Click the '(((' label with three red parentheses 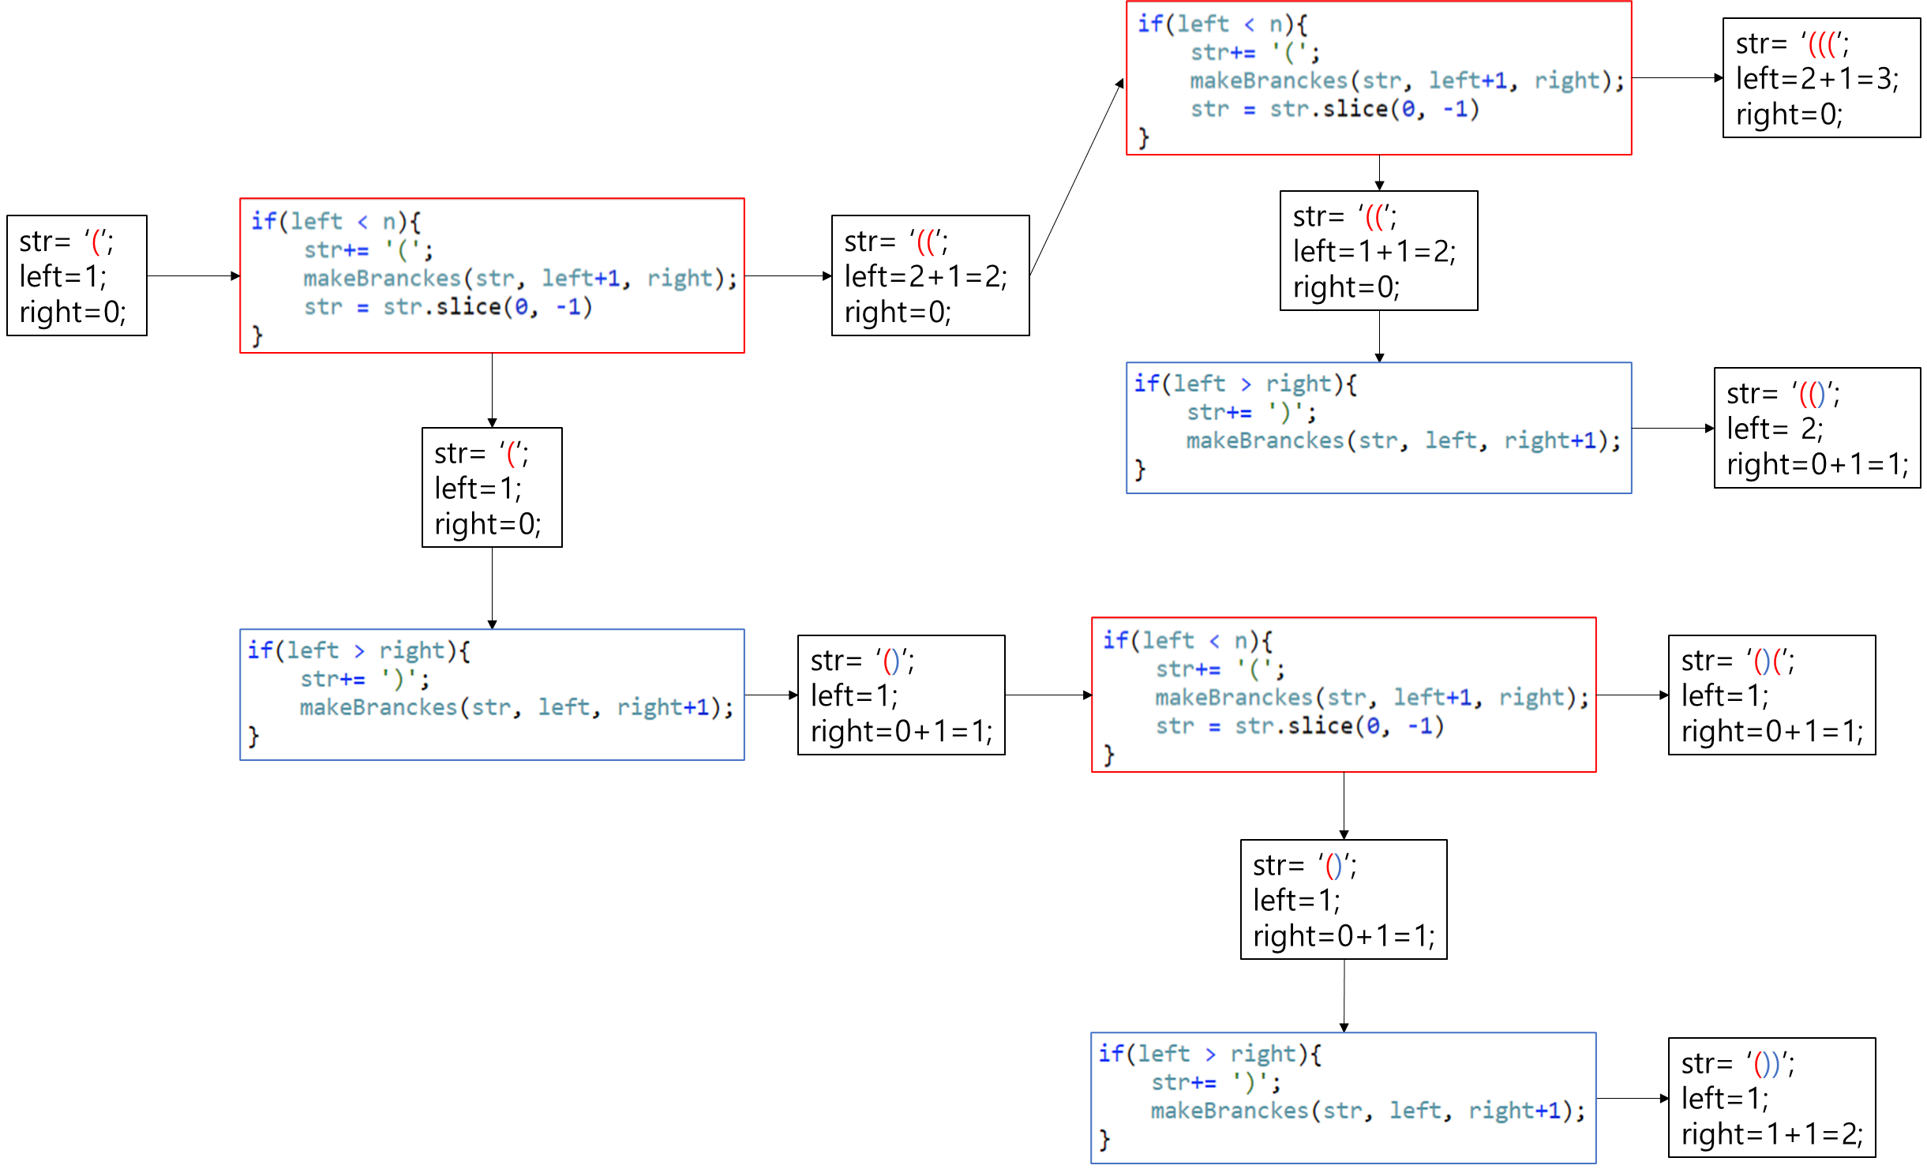coord(1822,46)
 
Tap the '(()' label coord(1812,394)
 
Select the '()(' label coord(1768,661)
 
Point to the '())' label coord(1767,1065)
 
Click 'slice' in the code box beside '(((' coord(1355,108)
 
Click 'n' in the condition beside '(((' coord(1276,24)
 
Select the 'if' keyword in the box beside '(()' coord(1146,384)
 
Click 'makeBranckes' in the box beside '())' coord(1229,1111)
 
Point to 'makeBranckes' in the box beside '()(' coord(1233,697)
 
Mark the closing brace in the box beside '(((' coord(1143,137)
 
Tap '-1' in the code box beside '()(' coord(1421,725)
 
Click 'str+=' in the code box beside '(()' coord(1219,412)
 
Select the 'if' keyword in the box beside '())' coord(1111,1054)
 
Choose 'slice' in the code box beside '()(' coord(1320,725)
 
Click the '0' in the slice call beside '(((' coord(1408,108)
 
